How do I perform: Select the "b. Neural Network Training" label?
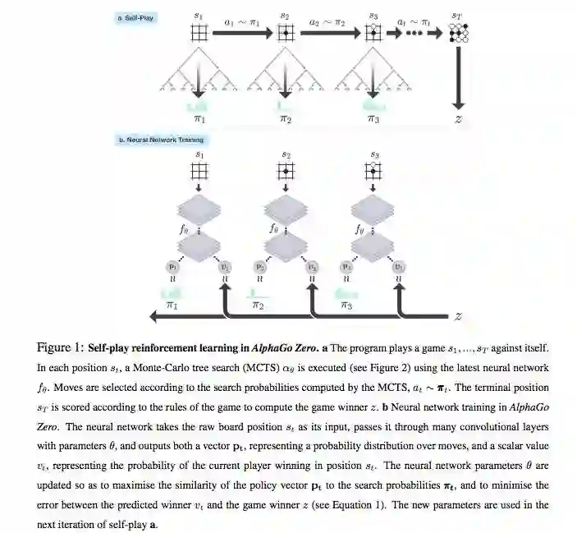(x=162, y=140)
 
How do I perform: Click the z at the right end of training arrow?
(x=459, y=316)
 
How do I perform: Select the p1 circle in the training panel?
(x=173, y=267)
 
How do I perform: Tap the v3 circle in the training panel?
(x=399, y=267)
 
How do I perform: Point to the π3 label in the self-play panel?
(x=373, y=119)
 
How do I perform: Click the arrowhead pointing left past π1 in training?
(x=152, y=316)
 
